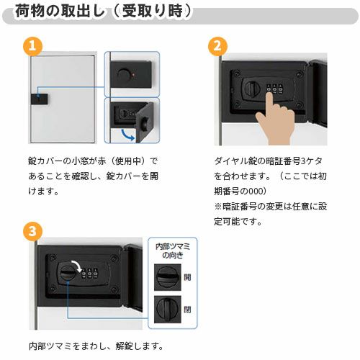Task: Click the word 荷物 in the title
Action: point(32,12)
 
